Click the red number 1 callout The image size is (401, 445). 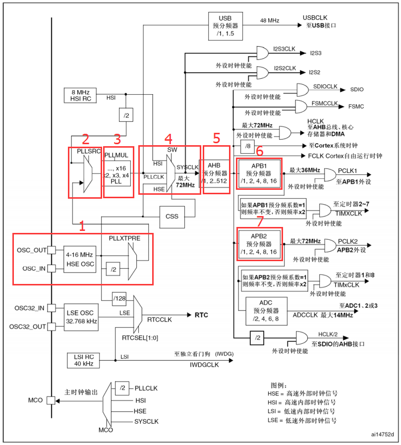tap(83, 226)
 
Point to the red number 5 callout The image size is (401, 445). tap(217, 138)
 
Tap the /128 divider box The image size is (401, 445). tap(119, 299)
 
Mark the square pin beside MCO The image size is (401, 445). tap(51, 400)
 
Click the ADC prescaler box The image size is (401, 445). tap(266, 311)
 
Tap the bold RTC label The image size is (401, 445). tap(201, 315)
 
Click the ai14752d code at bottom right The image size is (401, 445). tap(382, 434)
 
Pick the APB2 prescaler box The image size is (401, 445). tap(259, 244)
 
